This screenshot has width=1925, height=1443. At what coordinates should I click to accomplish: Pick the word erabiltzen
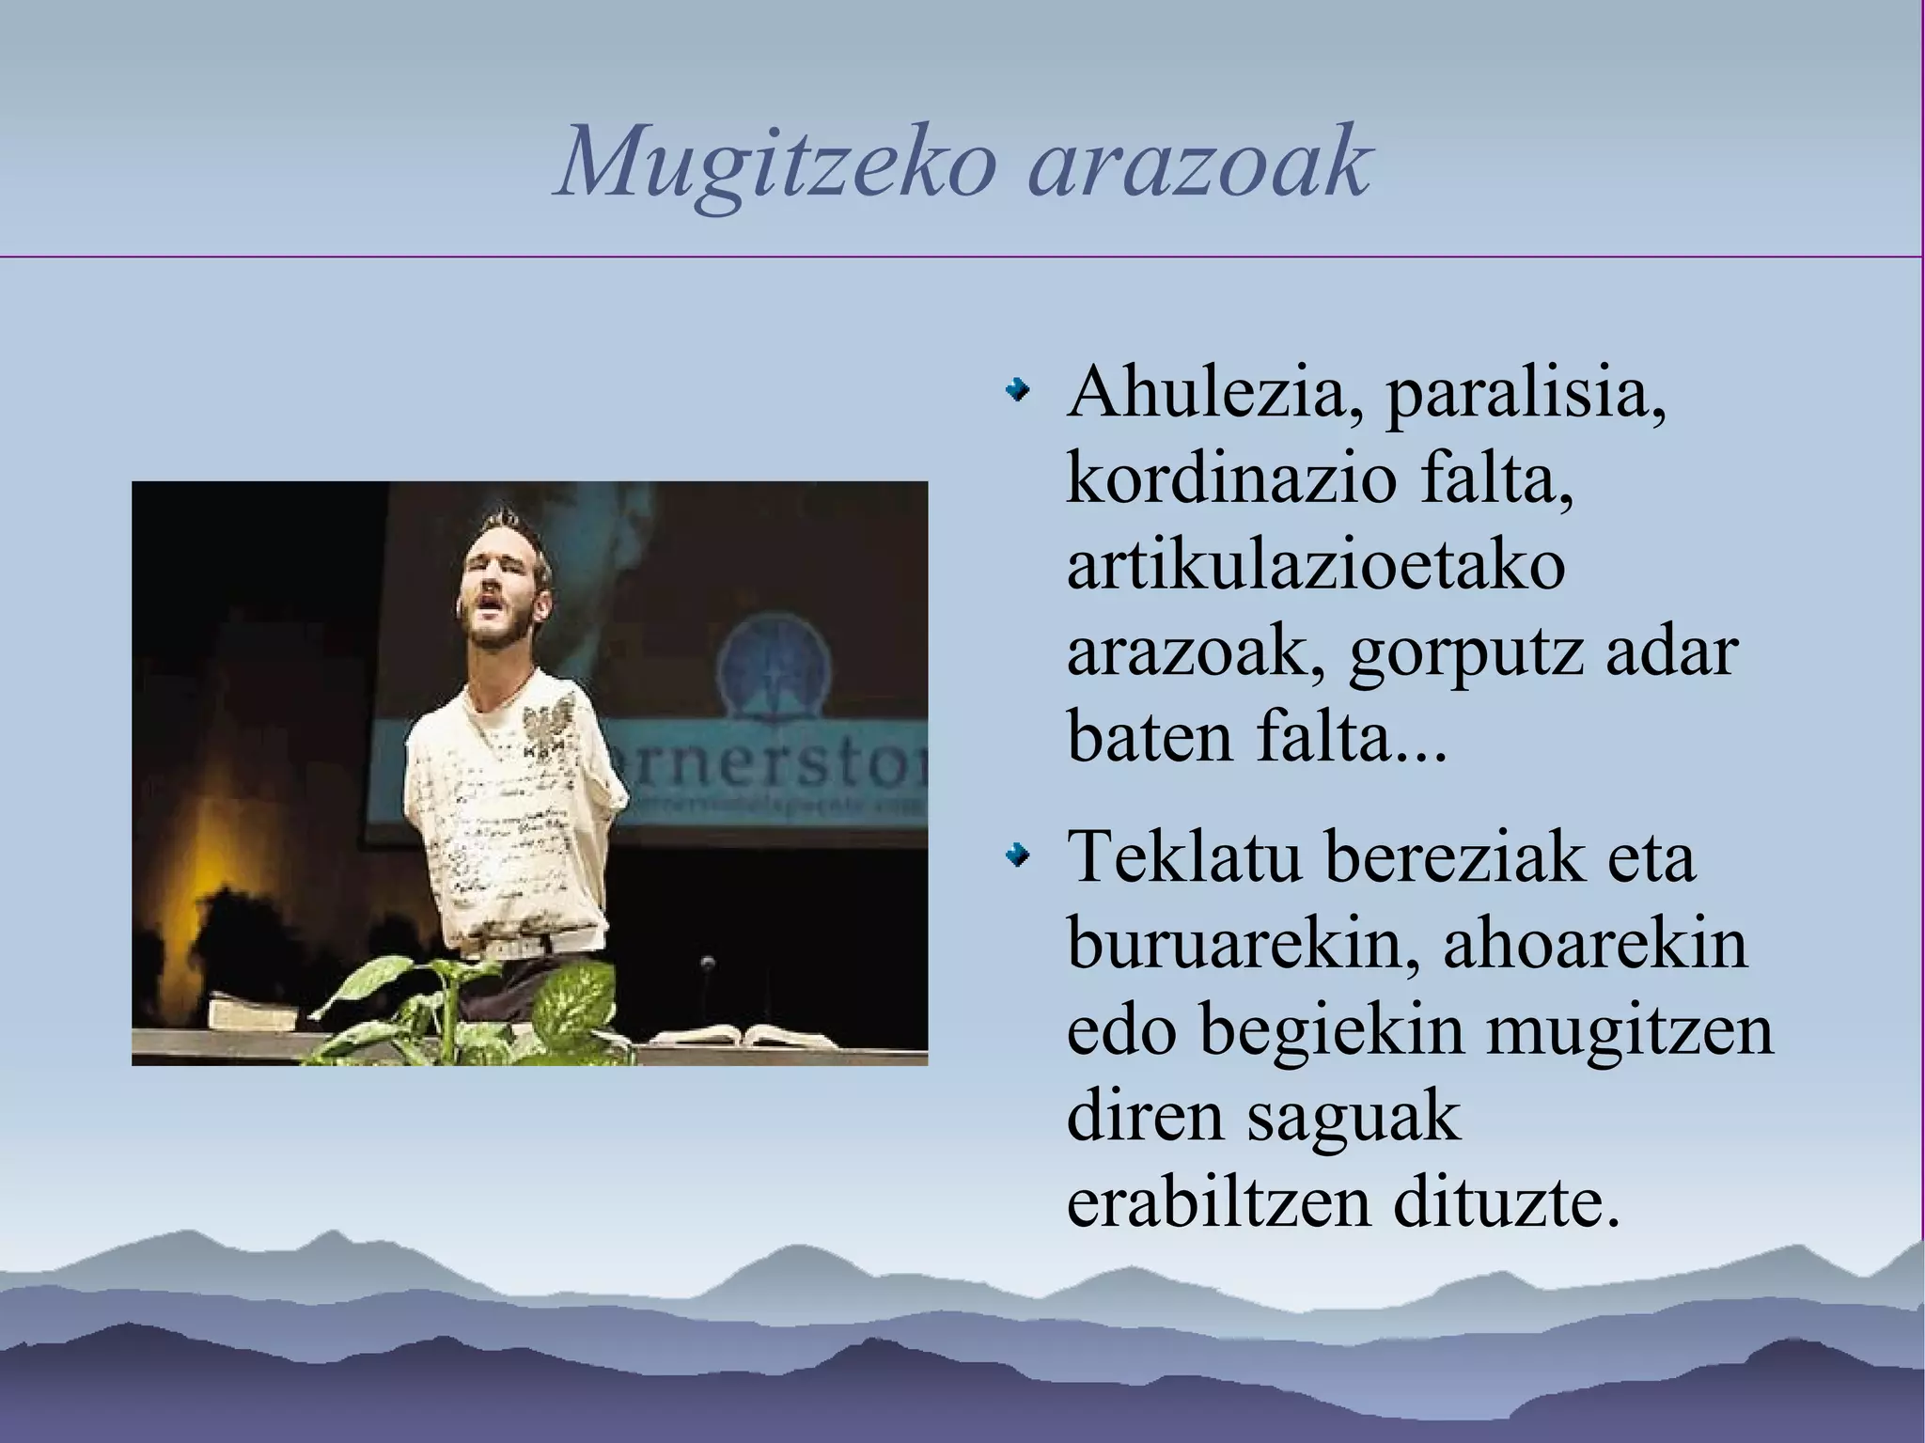coord(1218,1203)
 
